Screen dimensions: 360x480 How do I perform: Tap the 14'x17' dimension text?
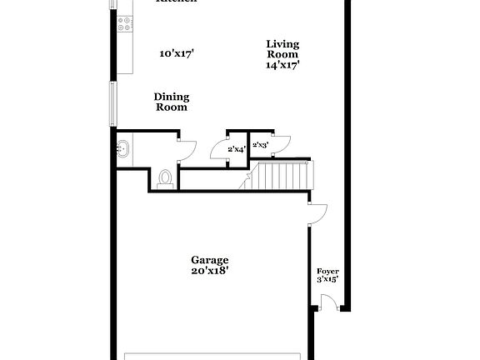(282, 64)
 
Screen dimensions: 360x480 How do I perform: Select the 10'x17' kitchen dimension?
(177, 54)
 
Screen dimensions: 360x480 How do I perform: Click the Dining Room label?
(171, 102)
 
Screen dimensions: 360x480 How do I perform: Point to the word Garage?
(209, 260)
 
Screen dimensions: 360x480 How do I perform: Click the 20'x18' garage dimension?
(209, 270)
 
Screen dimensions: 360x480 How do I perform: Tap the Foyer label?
(327, 272)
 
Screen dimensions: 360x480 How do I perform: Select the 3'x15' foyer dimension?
(327, 281)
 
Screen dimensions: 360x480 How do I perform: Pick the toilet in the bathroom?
(165, 177)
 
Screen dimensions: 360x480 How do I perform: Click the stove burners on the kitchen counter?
(125, 25)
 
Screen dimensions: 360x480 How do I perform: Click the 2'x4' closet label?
(237, 149)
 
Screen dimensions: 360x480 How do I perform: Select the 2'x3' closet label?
(261, 145)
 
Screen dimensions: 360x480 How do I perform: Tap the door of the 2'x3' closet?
(279, 142)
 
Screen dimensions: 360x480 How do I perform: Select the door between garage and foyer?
(317, 215)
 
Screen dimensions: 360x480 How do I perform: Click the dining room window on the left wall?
(114, 103)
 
